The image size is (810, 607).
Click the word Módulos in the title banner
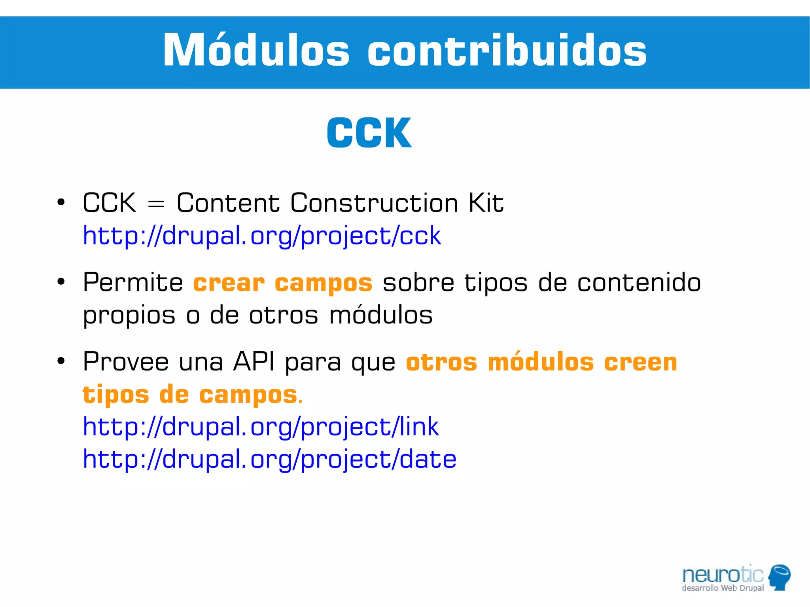click(256, 51)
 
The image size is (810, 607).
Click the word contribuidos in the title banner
click(507, 51)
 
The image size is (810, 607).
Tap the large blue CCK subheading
click(369, 133)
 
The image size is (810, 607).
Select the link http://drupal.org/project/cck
click(262, 236)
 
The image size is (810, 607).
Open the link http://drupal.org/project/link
click(261, 427)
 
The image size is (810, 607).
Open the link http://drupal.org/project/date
click(270, 460)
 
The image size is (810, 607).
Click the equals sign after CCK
click(156, 204)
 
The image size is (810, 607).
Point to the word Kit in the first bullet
click(486, 203)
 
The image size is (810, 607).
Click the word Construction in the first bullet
click(374, 203)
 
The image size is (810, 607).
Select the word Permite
click(133, 283)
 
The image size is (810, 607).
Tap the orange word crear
click(229, 283)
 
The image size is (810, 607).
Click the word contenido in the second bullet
click(639, 283)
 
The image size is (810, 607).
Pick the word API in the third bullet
click(254, 362)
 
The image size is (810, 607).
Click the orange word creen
click(640, 362)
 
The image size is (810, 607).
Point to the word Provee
click(126, 362)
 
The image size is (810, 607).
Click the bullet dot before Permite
click(61, 282)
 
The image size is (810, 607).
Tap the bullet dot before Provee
click(61, 361)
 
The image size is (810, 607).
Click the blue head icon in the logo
click(780, 577)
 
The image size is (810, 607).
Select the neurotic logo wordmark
click(723, 575)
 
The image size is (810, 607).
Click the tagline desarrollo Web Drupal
click(723, 588)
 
